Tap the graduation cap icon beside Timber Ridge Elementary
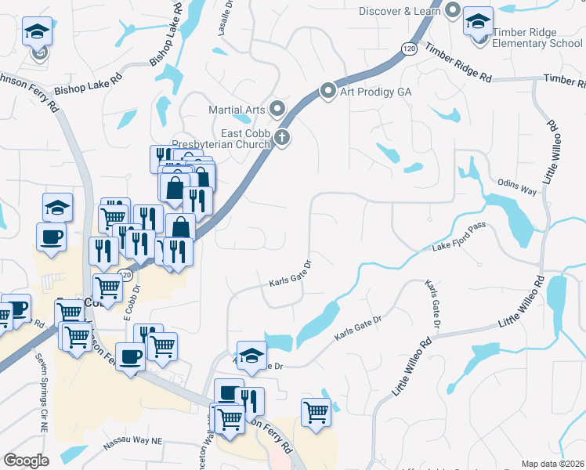pos(477,21)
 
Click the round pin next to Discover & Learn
pos(453,10)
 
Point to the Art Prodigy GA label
pos(375,92)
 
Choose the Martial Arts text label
pos(237,110)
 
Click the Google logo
pos(26,461)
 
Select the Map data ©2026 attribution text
pos(552,464)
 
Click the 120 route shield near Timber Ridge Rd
pos(407,49)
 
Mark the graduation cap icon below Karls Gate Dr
pos(251,355)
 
